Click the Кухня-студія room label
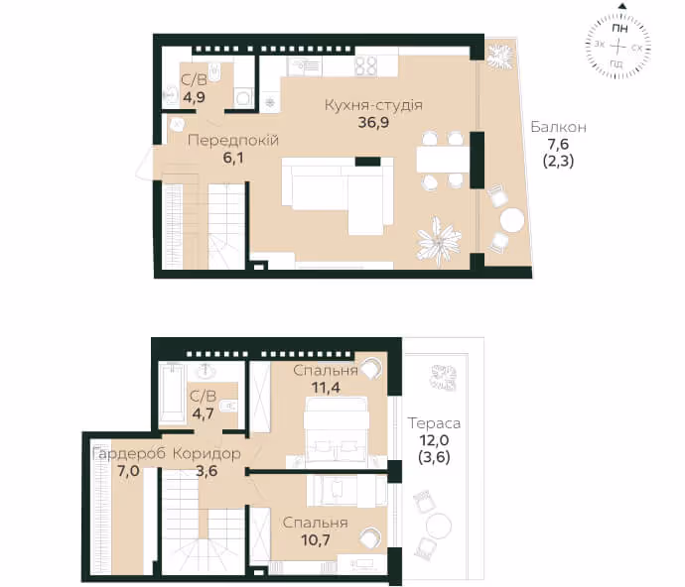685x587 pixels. point(373,105)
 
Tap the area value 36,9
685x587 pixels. point(373,123)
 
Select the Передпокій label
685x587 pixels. point(233,141)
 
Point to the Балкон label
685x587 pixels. point(558,127)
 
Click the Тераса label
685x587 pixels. point(434,423)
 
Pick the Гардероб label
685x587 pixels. point(129,454)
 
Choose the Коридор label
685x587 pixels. point(206,454)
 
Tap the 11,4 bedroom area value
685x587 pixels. point(326,387)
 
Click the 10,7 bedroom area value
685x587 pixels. point(316,540)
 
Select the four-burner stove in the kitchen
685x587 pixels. point(365,66)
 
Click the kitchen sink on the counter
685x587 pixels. point(304,66)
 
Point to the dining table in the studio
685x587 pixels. point(443,160)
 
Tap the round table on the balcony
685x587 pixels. point(512,220)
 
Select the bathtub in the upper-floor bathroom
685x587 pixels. point(171,393)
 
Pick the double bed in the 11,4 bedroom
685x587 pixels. point(337,429)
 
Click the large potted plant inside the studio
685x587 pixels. point(438,241)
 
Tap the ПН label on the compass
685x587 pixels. point(619,29)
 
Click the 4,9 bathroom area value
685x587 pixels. point(194,97)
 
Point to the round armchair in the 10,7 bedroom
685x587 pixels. point(369,537)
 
